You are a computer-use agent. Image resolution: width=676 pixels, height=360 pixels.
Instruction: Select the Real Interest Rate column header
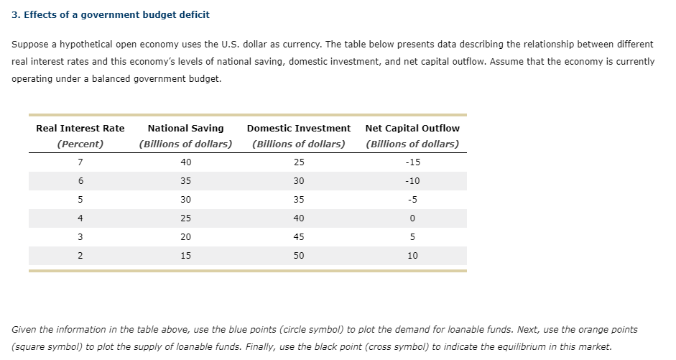(80, 128)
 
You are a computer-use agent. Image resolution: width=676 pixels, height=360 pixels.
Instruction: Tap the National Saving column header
(185, 128)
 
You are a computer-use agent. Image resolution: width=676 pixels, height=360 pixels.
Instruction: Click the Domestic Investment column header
(298, 128)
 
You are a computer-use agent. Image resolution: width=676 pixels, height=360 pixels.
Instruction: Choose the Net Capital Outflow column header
(412, 128)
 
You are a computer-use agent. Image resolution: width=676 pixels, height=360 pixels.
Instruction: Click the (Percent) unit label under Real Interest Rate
(80, 144)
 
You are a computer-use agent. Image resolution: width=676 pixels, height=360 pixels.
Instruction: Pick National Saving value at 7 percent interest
(185, 162)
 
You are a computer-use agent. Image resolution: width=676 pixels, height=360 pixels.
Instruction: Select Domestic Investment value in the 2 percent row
(299, 255)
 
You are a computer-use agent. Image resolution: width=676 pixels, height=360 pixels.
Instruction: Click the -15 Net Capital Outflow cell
(412, 162)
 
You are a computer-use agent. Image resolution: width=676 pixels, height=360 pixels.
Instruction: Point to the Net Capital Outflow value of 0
(412, 218)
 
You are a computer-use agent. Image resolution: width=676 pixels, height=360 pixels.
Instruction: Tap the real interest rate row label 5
(80, 200)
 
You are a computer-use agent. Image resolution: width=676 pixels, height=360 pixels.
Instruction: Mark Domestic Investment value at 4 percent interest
(299, 218)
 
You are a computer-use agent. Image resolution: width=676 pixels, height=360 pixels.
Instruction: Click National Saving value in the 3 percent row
(185, 237)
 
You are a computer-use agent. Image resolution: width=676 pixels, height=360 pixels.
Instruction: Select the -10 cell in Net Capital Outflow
(412, 181)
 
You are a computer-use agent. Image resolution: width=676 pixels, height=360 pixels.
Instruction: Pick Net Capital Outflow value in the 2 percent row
(412, 255)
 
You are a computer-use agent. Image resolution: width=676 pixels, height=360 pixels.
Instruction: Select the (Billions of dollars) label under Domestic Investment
(299, 144)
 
